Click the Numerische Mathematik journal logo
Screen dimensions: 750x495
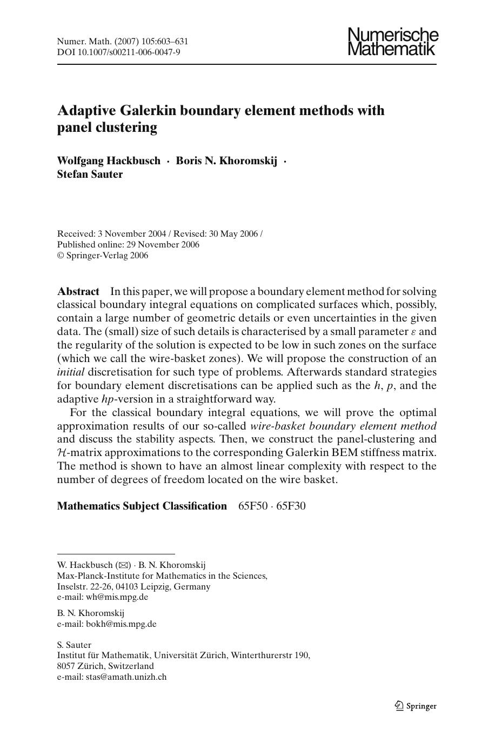click(x=393, y=42)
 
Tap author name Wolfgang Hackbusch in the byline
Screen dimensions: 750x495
click(x=109, y=160)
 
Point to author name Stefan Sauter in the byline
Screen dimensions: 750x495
click(x=90, y=174)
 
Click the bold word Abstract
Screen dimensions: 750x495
click(x=78, y=291)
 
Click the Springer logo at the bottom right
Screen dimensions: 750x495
click(x=415, y=706)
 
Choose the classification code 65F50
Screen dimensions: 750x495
click(x=252, y=506)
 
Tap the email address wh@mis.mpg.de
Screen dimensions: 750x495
click(x=117, y=597)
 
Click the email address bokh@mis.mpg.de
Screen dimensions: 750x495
click(x=121, y=624)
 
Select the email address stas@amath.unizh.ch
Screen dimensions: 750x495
click(x=126, y=677)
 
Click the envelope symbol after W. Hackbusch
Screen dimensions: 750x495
click(x=124, y=565)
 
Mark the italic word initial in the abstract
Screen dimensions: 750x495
click(x=71, y=372)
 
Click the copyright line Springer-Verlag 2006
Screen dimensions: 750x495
click(x=103, y=256)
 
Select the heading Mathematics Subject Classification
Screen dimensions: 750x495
click(x=142, y=506)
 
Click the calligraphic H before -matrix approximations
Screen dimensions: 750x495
click(x=61, y=453)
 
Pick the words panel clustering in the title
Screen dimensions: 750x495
click(x=107, y=128)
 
